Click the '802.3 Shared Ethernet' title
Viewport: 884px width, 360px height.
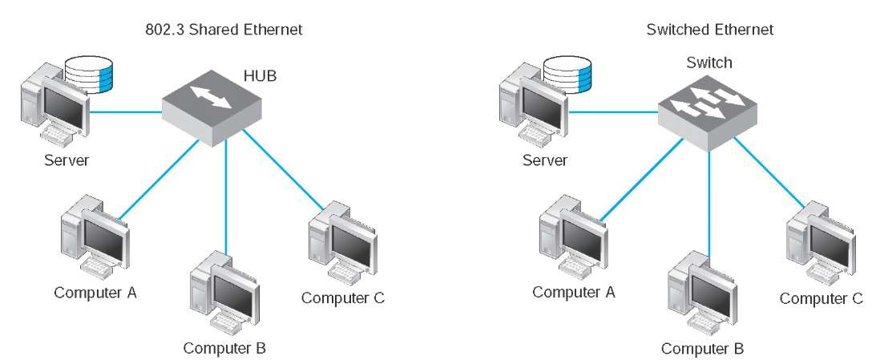[x=224, y=30]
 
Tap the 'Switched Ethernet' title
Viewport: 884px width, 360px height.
[x=710, y=30]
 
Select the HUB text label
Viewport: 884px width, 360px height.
[x=260, y=75]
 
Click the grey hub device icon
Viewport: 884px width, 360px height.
[x=212, y=107]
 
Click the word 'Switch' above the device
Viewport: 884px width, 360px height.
[x=709, y=63]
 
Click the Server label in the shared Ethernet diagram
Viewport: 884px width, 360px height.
[x=67, y=160]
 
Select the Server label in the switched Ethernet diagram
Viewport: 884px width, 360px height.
[x=545, y=160]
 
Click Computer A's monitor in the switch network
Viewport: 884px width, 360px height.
[x=583, y=239]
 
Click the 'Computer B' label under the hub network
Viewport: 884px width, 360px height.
[x=224, y=348]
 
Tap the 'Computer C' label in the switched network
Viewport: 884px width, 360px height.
[x=821, y=298]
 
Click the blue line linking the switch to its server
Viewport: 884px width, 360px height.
[x=614, y=111]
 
